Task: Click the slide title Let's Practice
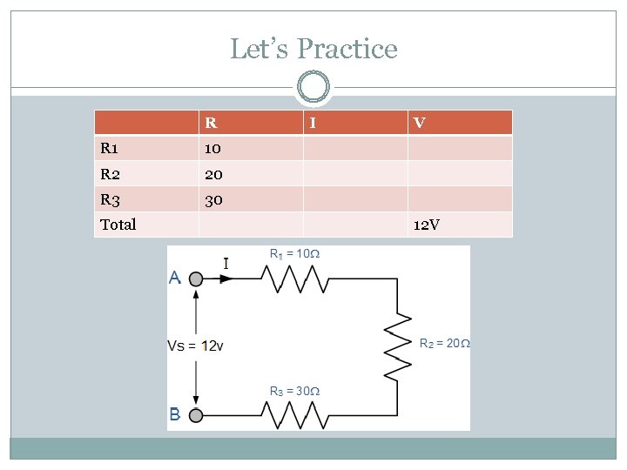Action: click(313, 49)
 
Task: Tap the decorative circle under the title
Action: click(313, 87)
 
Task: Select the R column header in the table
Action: click(211, 123)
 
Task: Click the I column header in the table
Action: click(313, 123)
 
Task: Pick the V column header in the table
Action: click(420, 123)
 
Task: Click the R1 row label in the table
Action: click(111, 148)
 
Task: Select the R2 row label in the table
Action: click(111, 174)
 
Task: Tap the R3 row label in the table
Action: click(111, 199)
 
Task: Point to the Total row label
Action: click(118, 225)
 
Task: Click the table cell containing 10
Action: click(213, 148)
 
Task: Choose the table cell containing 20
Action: click(213, 174)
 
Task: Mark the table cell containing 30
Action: click(213, 199)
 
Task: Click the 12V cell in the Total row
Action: click(427, 225)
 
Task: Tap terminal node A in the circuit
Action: click(196, 279)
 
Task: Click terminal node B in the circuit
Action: click(196, 416)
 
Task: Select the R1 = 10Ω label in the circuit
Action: click(294, 254)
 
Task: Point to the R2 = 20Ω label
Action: click(444, 344)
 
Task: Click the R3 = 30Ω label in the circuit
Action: click(294, 391)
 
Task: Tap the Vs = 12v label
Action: click(195, 346)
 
